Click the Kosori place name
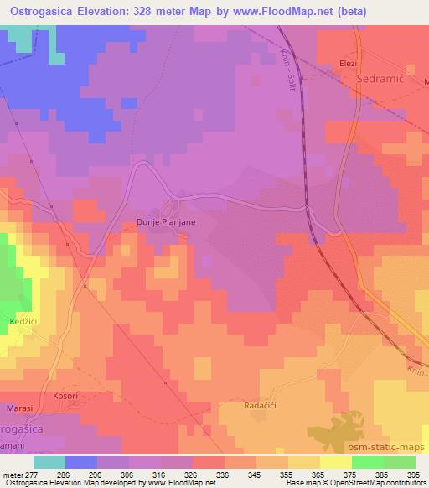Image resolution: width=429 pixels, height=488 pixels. pos(65,394)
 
